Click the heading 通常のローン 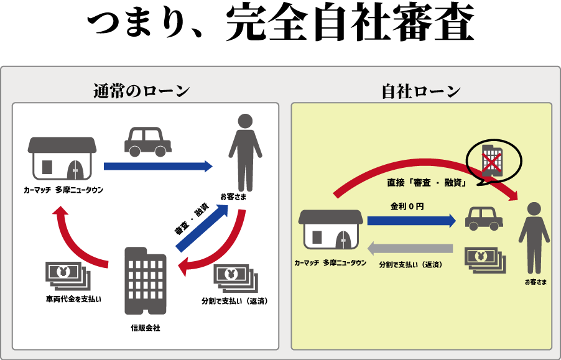[x=141, y=91]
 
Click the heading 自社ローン [x=421, y=91]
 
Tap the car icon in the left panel [x=148, y=142]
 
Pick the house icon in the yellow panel [x=331, y=229]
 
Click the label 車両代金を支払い [x=73, y=299]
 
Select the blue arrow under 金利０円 [x=411, y=221]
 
